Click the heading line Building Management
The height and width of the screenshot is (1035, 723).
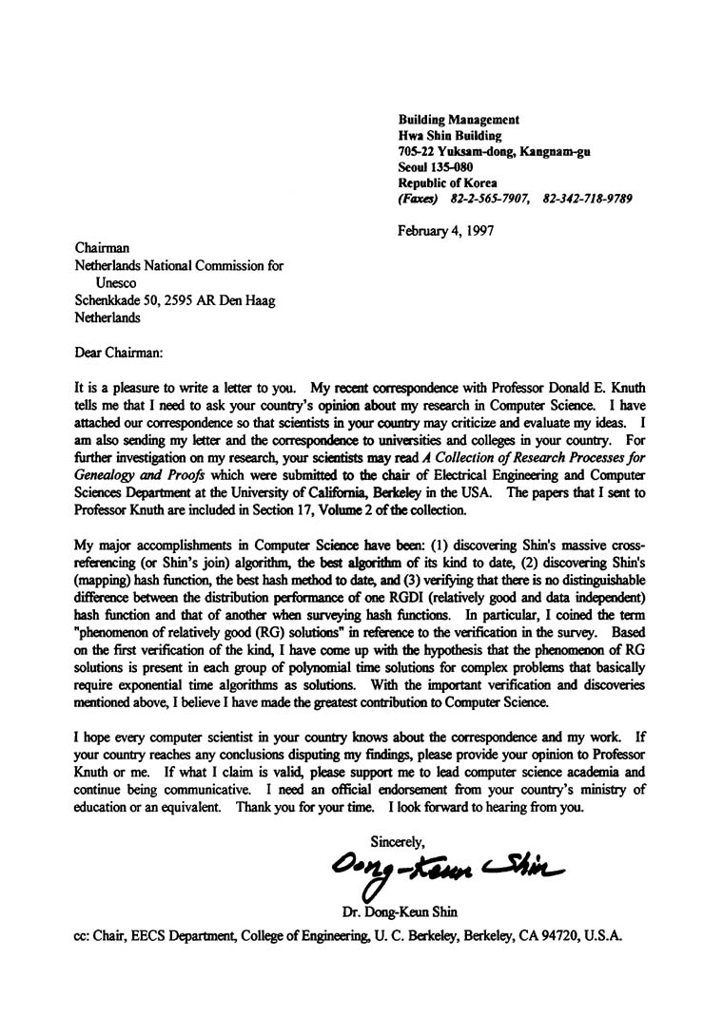[x=458, y=120]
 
